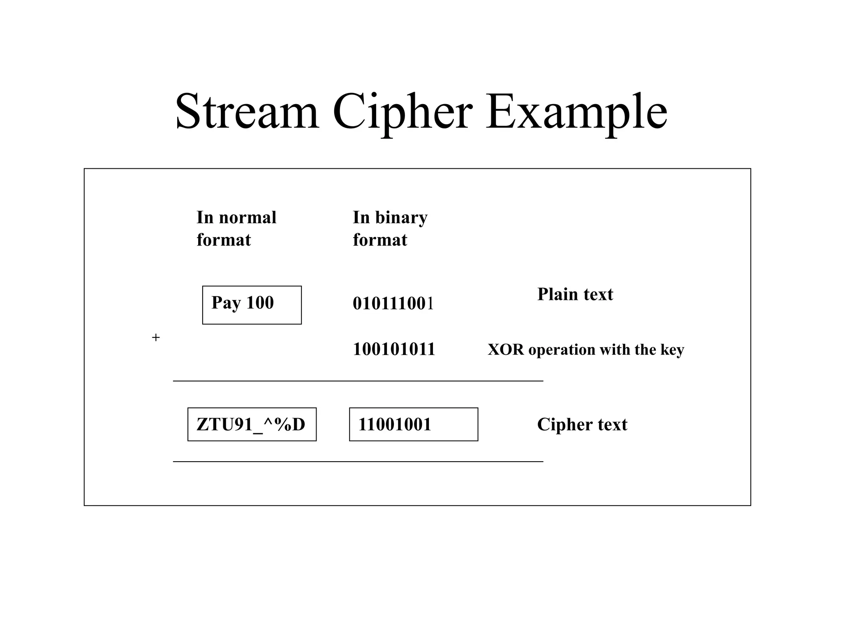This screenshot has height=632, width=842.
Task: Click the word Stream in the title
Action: coord(247,112)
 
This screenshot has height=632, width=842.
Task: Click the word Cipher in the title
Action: coord(402,112)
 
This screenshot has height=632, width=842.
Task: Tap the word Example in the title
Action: coord(576,112)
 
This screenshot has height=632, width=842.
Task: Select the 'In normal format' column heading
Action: coord(236,228)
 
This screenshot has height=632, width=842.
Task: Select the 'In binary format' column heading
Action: coord(390,228)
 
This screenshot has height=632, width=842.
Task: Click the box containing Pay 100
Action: coord(252,305)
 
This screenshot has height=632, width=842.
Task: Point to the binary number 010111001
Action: coord(393,304)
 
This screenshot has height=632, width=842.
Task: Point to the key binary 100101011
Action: coord(393,349)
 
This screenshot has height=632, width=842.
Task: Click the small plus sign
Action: coord(156,338)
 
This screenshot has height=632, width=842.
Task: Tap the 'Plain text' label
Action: coord(575,295)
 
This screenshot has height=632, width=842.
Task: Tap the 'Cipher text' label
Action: coord(582,425)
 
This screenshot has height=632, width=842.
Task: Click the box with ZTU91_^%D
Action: coord(252,424)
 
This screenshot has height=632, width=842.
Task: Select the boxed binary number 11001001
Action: coord(413,424)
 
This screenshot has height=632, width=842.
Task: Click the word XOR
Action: coord(506,350)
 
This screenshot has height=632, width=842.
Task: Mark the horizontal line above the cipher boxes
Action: coord(358,381)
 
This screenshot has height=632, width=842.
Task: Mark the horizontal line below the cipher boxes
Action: coord(358,462)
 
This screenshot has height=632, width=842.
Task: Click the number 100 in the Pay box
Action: coord(260,303)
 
